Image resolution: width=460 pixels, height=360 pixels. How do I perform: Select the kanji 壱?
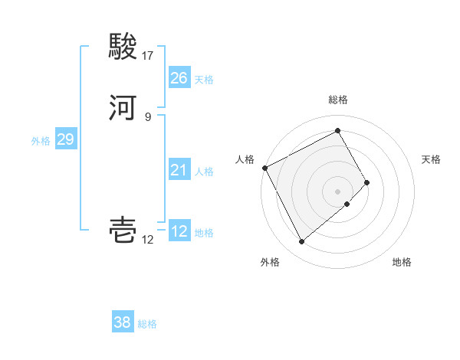(x=124, y=230)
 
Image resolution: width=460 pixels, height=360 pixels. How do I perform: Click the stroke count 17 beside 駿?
(x=148, y=56)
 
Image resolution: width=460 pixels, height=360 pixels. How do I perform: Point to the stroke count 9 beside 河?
(x=148, y=116)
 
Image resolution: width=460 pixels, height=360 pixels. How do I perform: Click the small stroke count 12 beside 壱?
(x=148, y=240)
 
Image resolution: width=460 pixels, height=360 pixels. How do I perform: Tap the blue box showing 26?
(x=179, y=78)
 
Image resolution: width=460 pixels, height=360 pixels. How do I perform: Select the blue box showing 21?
(x=179, y=170)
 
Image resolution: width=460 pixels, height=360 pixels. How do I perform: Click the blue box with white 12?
(x=179, y=231)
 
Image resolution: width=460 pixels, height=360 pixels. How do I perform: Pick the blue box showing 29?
(x=65, y=139)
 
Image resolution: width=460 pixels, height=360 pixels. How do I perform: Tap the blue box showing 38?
(x=123, y=322)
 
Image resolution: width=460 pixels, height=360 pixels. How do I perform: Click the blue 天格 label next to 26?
(x=204, y=80)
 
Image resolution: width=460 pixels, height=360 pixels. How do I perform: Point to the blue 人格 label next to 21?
(x=204, y=172)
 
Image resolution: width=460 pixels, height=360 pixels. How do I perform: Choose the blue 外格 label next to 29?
(x=41, y=140)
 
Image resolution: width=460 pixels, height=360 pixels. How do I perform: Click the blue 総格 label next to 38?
(x=147, y=324)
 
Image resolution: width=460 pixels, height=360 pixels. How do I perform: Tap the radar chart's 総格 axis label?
(x=338, y=100)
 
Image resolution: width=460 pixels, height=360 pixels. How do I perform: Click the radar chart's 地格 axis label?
(x=402, y=262)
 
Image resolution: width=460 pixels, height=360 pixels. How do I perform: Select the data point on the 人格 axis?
(x=264, y=167)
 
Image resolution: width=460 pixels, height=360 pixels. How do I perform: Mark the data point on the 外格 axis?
(x=301, y=242)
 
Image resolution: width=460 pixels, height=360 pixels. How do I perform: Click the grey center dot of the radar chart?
(x=338, y=191)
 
